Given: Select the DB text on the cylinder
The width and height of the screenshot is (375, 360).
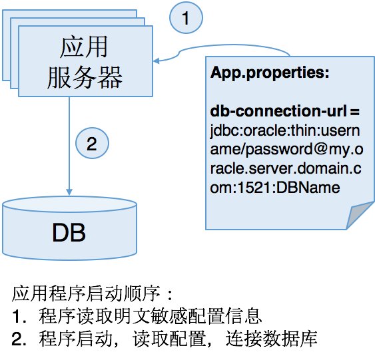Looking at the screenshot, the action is point(69,233).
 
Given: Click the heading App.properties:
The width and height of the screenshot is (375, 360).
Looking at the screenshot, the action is point(270,73).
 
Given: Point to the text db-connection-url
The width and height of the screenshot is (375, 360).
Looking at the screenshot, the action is point(278,111).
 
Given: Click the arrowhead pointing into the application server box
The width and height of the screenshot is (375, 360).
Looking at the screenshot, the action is point(156,61).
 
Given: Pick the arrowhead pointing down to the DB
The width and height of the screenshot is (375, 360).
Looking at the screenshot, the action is point(69,192).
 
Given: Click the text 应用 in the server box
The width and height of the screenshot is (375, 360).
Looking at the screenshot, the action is point(84,47).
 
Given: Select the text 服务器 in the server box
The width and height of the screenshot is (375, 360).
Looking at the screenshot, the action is point(85,77).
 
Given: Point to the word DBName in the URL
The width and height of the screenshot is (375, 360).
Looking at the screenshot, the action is point(308,188).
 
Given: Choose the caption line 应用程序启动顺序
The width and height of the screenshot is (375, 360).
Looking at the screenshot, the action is point(86,293).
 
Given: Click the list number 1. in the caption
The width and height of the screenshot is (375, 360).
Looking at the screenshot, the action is point(19,317).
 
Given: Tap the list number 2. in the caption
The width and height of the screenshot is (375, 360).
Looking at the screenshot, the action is point(19,339).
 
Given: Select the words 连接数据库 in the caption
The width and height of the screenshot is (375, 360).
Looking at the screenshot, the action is point(272,339).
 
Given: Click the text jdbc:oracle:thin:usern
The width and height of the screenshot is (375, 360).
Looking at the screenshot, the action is point(285,131).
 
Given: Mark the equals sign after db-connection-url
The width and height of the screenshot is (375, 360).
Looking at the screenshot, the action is point(355,112).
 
